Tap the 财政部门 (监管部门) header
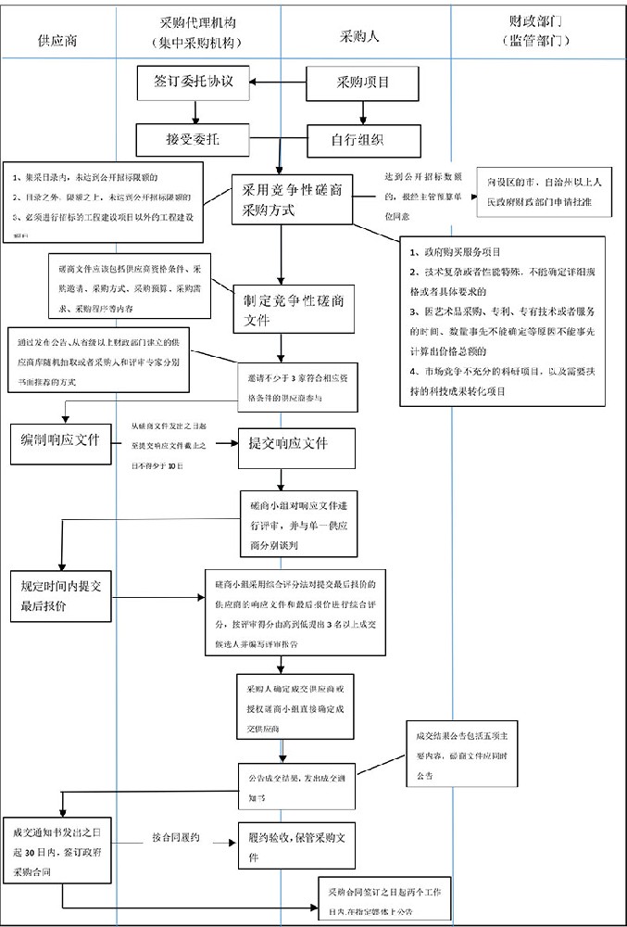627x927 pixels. click(x=536, y=30)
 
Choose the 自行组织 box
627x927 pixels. click(x=358, y=140)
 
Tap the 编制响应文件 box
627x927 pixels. click(x=60, y=439)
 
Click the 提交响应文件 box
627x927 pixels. click(x=288, y=442)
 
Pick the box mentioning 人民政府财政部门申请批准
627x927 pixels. click(x=545, y=192)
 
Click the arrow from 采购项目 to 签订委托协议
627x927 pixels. click(x=281, y=82)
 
